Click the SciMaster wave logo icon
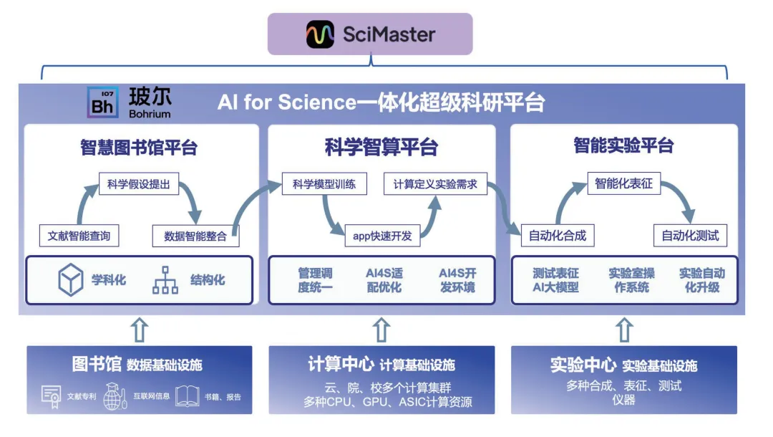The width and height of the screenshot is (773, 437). (x=320, y=34)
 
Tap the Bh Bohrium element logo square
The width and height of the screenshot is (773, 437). (x=103, y=102)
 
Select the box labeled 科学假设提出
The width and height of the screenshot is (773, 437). (x=138, y=184)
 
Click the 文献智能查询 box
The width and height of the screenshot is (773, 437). (x=79, y=235)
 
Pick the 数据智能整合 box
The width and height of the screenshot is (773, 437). (x=195, y=236)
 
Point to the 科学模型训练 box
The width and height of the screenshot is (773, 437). (x=324, y=184)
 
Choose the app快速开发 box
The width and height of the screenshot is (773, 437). (x=382, y=236)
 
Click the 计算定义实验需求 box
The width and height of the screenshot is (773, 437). (x=435, y=184)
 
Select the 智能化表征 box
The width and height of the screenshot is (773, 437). (x=624, y=183)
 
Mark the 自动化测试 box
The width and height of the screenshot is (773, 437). (x=690, y=235)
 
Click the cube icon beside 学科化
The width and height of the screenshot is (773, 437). (x=71, y=279)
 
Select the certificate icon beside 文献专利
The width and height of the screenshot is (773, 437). (x=51, y=396)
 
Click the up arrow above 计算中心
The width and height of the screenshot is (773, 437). (x=381, y=330)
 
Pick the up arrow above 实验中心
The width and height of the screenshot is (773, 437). (x=624, y=330)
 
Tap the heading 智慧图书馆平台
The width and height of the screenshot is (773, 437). (x=139, y=148)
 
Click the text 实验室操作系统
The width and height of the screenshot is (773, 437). (x=631, y=280)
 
